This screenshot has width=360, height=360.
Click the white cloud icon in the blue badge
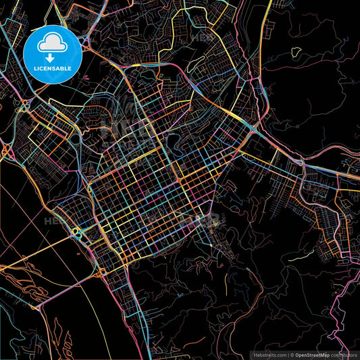tap(52, 44)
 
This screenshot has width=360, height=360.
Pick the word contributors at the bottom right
tap(344, 354)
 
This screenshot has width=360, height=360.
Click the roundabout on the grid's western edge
tap(76, 232)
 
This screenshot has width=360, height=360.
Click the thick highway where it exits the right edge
tap(357, 177)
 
